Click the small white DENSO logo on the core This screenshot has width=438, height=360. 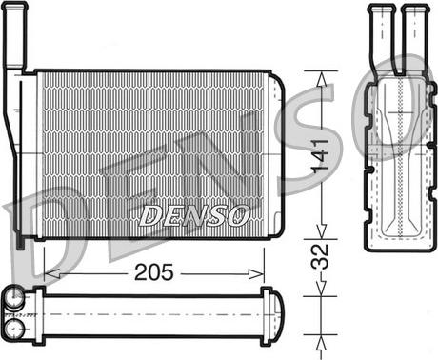(x=194, y=214)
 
